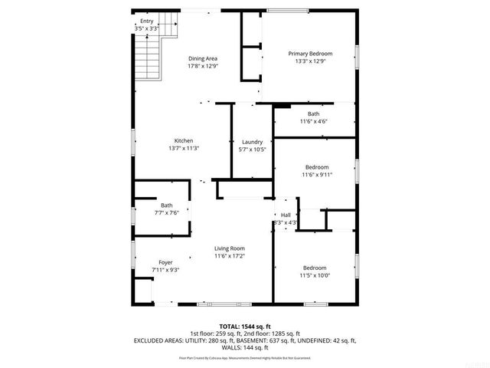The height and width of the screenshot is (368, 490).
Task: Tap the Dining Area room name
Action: tap(203, 58)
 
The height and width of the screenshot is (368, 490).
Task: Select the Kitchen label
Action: tap(183, 141)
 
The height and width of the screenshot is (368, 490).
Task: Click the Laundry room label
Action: tap(252, 142)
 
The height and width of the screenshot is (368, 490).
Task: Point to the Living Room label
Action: tap(229, 248)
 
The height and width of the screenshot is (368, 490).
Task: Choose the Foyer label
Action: tap(165, 262)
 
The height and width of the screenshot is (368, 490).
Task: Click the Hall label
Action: tap(286, 215)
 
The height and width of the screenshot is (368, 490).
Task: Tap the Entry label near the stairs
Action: tap(146, 21)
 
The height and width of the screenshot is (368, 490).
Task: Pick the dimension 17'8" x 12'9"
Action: tap(203, 66)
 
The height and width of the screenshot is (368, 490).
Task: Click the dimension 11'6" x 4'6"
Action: tap(313, 121)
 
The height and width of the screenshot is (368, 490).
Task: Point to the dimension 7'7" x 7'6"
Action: tap(166, 212)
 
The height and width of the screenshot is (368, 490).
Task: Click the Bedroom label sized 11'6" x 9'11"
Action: tap(317, 167)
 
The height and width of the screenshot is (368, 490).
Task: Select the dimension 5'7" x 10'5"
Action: tap(252, 149)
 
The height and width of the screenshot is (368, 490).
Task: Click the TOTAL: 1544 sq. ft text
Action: tap(244, 327)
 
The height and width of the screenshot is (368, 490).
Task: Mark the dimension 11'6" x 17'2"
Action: tap(229, 256)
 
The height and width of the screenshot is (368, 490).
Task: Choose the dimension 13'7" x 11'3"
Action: tap(183, 149)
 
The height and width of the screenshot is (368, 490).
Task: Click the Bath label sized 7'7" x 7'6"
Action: tap(166, 205)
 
